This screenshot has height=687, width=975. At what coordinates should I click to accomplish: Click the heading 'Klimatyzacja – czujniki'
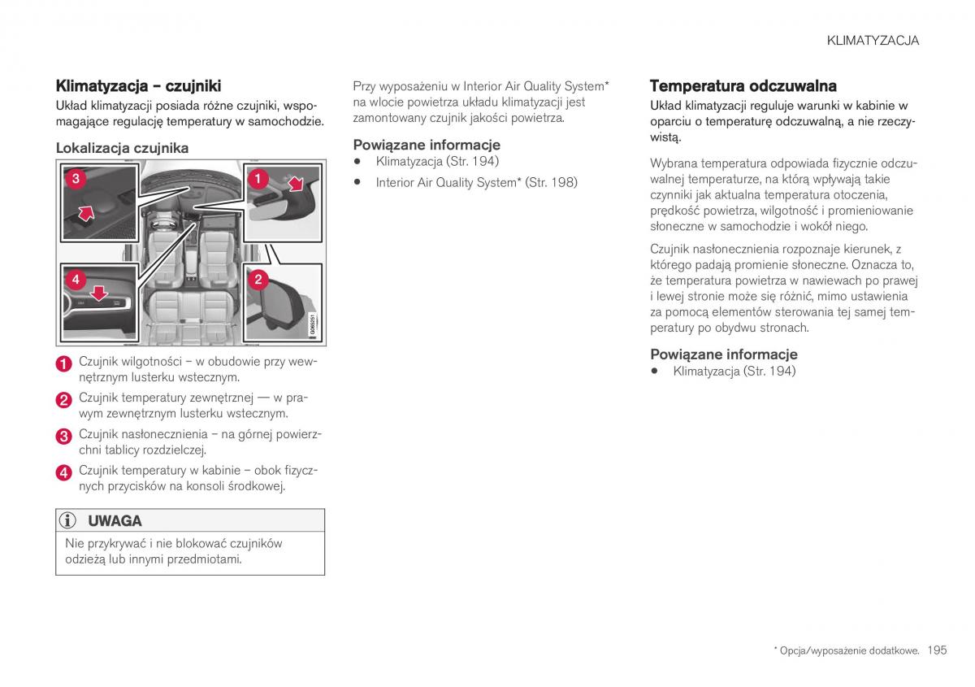(138, 85)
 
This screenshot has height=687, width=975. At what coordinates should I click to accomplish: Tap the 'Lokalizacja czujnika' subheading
(122, 148)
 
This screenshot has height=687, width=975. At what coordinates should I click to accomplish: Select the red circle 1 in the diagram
(258, 178)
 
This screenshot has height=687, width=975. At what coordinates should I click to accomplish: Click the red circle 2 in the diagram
(258, 280)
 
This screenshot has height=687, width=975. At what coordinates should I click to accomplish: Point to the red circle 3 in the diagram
(74, 178)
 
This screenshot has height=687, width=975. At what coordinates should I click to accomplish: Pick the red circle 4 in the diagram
(75, 280)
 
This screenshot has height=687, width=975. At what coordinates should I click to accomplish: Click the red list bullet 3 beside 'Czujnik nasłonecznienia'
(64, 437)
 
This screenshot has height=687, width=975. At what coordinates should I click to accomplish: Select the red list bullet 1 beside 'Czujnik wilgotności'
(64, 364)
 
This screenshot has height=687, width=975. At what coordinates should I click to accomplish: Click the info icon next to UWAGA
(69, 521)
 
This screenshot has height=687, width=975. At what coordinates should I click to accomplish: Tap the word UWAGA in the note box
(115, 521)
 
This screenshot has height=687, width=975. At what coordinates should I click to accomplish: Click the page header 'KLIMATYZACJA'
(873, 41)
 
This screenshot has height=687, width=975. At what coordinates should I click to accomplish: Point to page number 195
(937, 650)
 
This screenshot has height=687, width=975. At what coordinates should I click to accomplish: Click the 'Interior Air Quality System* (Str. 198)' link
(476, 182)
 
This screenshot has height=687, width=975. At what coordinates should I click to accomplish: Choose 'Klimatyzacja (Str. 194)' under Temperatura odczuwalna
(734, 371)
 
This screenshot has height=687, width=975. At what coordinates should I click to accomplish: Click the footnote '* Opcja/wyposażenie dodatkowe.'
(846, 651)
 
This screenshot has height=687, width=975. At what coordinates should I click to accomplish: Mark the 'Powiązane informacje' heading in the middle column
(427, 145)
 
